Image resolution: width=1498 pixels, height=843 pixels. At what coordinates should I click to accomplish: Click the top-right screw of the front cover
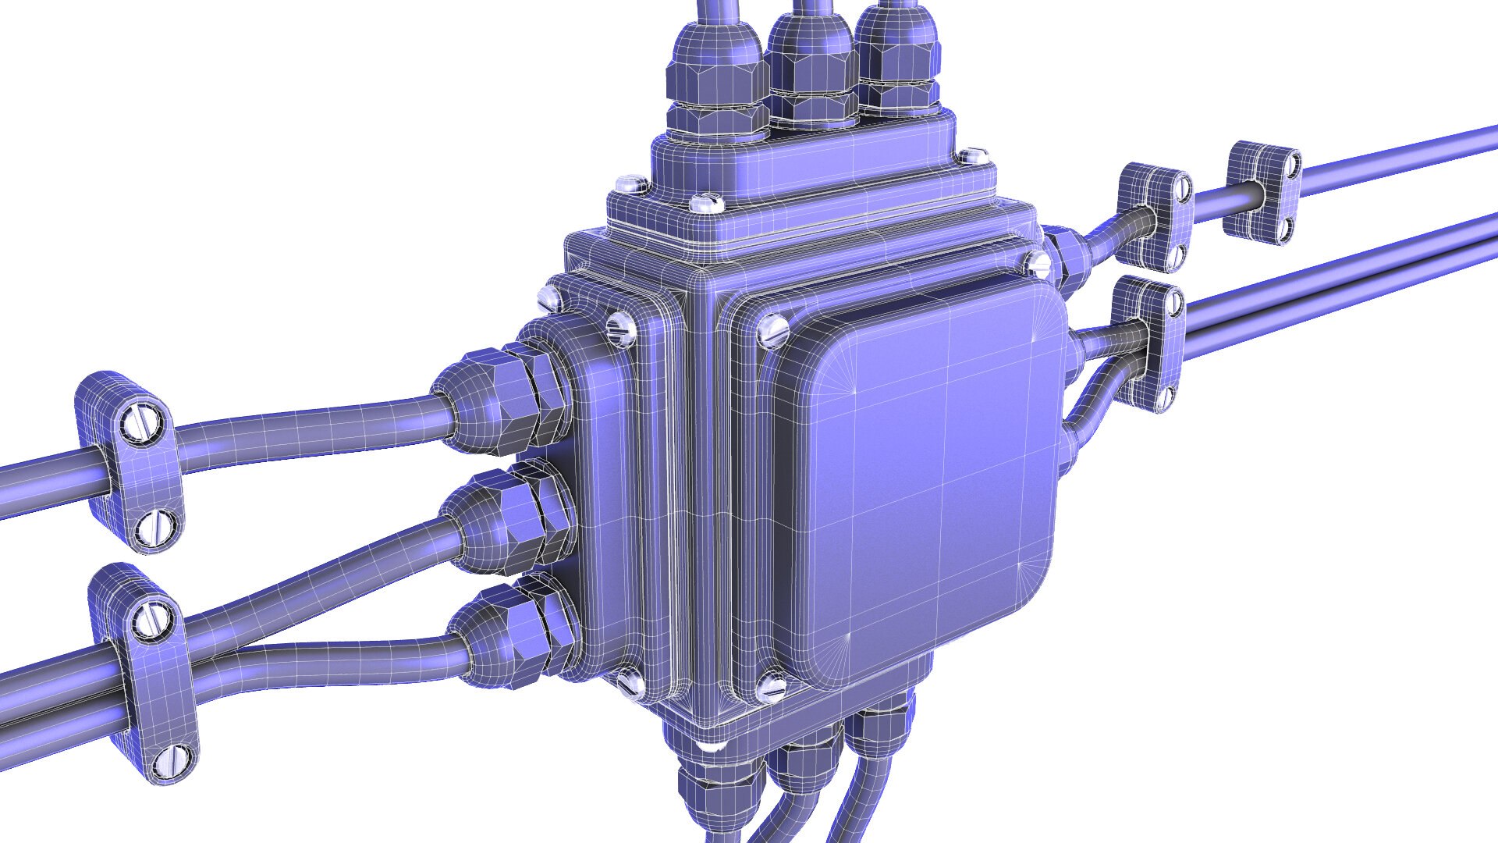(x=1038, y=262)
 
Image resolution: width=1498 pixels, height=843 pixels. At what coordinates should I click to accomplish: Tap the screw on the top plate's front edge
(x=705, y=202)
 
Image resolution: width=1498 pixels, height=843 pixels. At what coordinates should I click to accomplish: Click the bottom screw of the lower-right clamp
(x=1166, y=398)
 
